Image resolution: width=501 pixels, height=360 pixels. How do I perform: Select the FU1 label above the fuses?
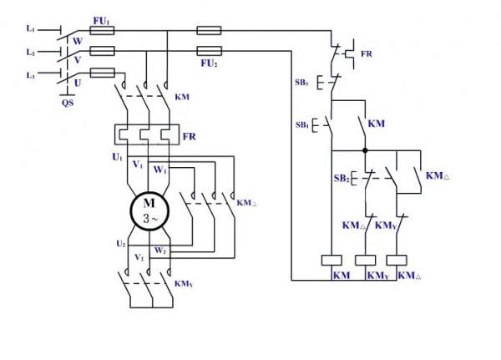point(101,22)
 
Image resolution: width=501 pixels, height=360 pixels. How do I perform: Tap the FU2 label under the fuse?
point(210,63)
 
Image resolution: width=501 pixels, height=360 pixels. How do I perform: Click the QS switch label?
point(68,103)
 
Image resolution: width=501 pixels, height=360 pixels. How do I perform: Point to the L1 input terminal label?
point(30,28)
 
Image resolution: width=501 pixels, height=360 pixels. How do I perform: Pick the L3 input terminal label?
point(30,75)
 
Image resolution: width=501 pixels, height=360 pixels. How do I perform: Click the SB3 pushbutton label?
point(301,83)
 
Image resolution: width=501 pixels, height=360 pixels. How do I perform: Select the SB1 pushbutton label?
point(302,124)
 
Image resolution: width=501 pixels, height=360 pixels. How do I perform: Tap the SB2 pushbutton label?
point(342,179)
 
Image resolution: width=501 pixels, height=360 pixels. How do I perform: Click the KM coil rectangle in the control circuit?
point(331,261)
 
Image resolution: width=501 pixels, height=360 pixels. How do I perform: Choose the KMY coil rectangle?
point(366,261)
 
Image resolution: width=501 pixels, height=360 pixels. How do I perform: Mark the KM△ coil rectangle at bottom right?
point(397,261)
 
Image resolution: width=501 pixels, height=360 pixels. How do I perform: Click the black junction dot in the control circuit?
point(365,150)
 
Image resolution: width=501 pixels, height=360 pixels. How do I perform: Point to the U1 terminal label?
point(117,157)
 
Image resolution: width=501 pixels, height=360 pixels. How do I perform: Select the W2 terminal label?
point(160,251)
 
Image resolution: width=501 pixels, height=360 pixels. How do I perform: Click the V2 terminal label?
point(139,257)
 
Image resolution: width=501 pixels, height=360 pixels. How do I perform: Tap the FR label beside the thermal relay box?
point(190,136)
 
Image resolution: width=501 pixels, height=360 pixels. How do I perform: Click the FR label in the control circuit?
point(367,53)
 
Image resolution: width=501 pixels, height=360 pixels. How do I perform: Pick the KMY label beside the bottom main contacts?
point(184,284)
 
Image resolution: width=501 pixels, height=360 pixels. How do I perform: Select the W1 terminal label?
point(160,170)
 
